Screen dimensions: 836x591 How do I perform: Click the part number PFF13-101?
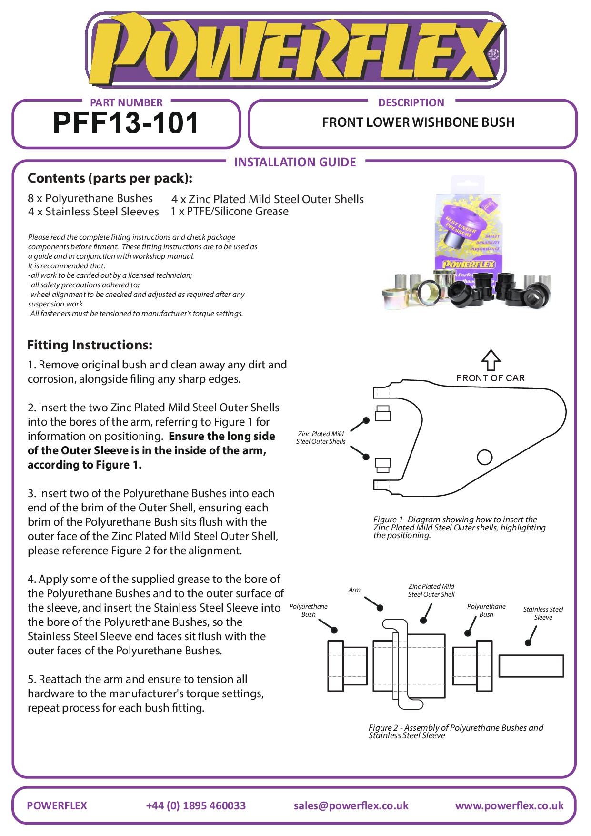pyautogui.click(x=126, y=123)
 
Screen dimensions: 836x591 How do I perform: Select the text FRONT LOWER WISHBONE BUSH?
pyautogui.click(x=418, y=122)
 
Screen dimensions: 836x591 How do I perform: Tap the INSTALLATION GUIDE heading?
pyautogui.click(x=295, y=163)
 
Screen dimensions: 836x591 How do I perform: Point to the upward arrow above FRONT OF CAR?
pyautogui.click(x=491, y=360)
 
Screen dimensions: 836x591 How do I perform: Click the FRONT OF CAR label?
pyautogui.click(x=491, y=378)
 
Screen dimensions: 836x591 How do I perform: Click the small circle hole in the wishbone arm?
pyautogui.click(x=484, y=457)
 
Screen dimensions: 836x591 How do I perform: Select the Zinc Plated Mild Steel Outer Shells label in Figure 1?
pyautogui.click(x=321, y=438)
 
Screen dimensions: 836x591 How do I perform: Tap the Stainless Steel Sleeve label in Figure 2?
pyautogui.click(x=543, y=613)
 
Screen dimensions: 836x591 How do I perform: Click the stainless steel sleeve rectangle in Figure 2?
pyautogui.click(x=531, y=666)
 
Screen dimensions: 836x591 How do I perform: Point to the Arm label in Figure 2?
pyautogui.click(x=354, y=590)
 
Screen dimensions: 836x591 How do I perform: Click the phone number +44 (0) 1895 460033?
pyautogui.click(x=196, y=805)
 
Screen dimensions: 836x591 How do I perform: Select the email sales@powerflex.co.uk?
pyautogui.click(x=351, y=805)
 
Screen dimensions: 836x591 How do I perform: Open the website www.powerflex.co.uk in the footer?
pyautogui.click(x=509, y=805)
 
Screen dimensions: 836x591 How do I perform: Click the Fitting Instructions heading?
pyautogui.click(x=90, y=345)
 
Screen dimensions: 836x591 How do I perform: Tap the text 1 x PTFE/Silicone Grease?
pyautogui.click(x=230, y=211)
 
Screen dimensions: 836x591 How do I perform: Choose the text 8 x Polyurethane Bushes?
pyautogui.click(x=90, y=198)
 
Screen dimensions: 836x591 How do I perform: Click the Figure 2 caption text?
pyautogui.click(x=455, y=731)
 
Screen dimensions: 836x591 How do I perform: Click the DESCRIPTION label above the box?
pyautogui.click(x=411, y=103)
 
